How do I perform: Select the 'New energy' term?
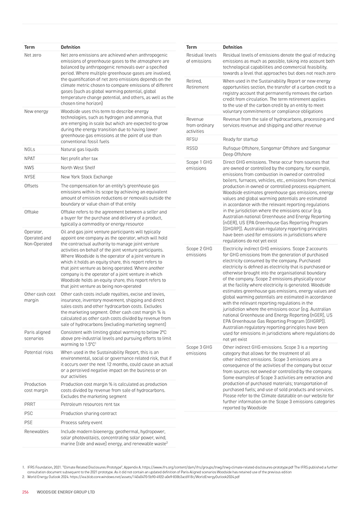click(x=36, y=111)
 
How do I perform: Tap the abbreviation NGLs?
click(x=30, y=150)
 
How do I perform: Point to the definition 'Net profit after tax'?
click(x=80, y=159)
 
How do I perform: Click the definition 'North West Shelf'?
click(x=78, y=168)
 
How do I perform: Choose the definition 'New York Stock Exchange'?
click(x=87, y=177)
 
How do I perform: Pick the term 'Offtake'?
click(x=32, y=212)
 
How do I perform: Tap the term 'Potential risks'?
click(x=39, y=352)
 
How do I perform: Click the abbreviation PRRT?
click(x=30, y=404)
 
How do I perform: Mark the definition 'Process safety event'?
click(x=82, y=422)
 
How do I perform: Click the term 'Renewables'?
click(x=36, y=432)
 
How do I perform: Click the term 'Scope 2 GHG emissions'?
click(x=199, y=251)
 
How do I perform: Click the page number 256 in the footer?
click(x=25, y=492)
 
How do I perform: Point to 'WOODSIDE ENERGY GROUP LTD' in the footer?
click(x=66, y=492)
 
